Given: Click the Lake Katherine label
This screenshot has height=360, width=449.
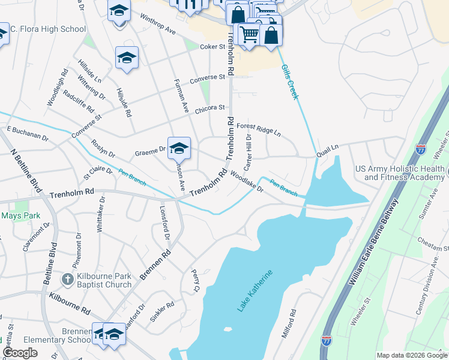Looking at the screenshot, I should tap(255, 291).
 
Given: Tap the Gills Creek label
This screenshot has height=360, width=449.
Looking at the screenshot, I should tap(289, 82).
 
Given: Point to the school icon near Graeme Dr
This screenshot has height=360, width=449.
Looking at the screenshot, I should tap(179, 148).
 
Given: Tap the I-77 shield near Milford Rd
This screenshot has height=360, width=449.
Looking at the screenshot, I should tap(327, 340).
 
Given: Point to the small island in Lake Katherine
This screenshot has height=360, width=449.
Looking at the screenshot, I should tap(227, 329).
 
